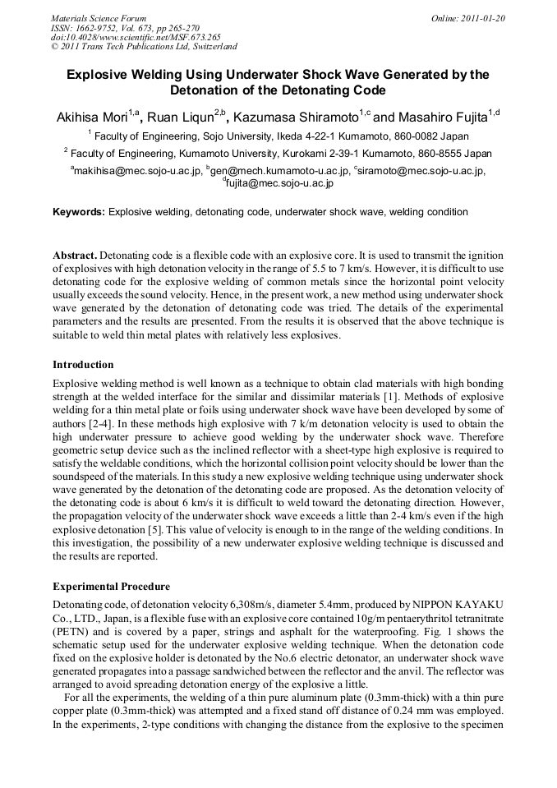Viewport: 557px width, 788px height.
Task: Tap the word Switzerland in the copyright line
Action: pos(213,47)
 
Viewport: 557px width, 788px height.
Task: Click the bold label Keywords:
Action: pos(79,212)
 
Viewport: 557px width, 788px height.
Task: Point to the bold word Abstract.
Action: pos(75,256)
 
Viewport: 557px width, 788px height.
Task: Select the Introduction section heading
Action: pos(83,364)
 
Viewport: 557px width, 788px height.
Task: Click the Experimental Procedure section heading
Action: pos(111,587)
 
